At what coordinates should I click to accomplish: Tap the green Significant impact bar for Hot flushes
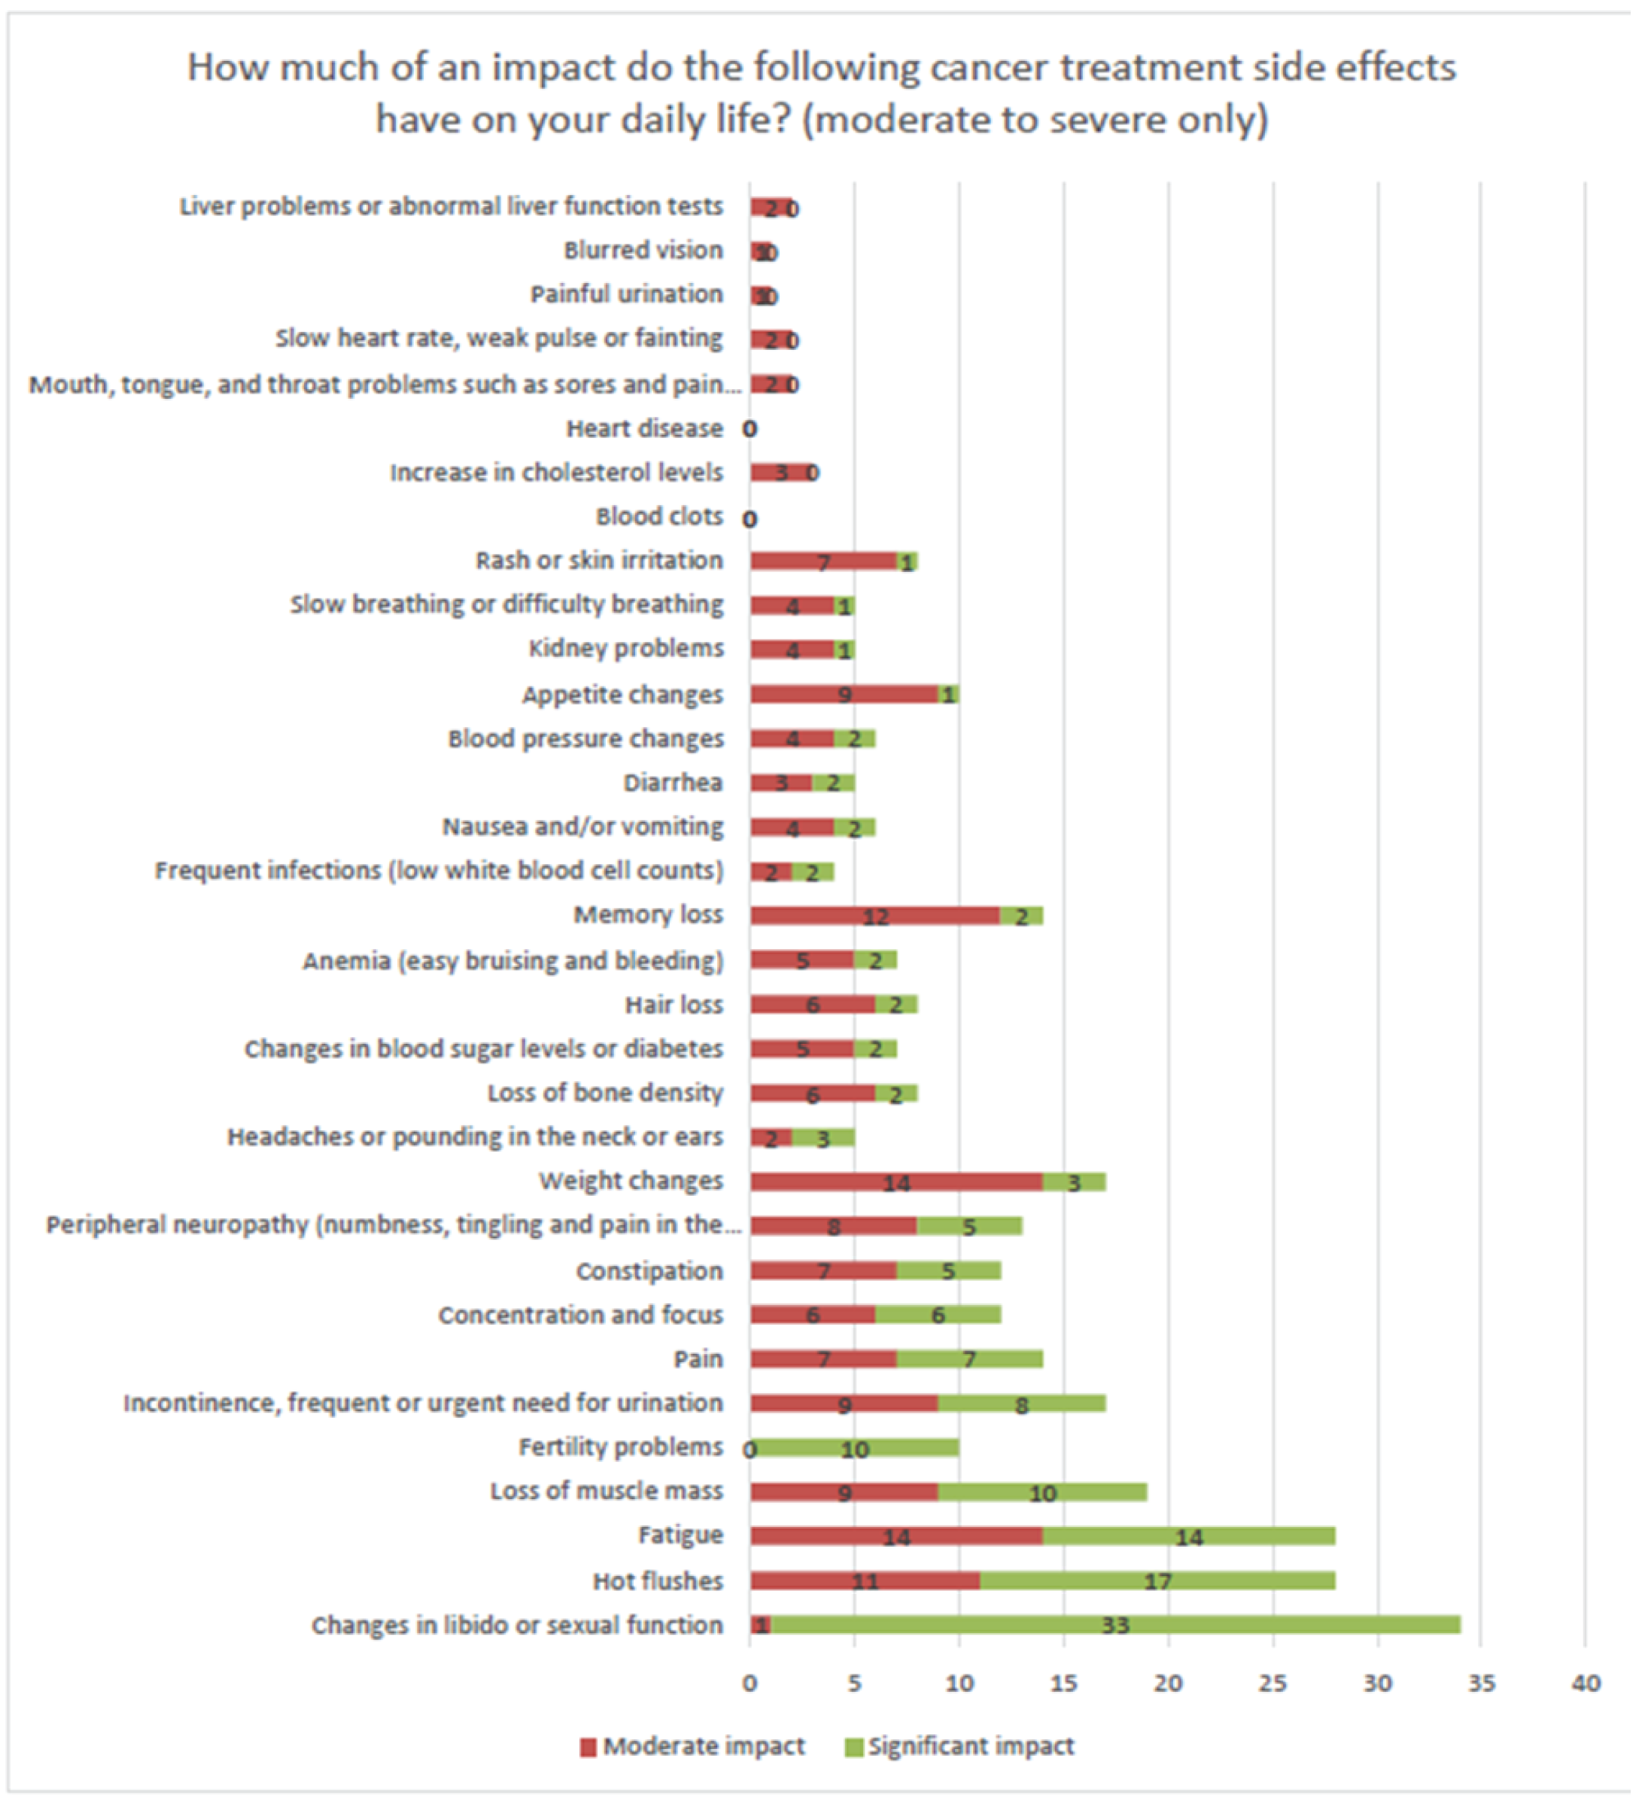tap(1157, 1580)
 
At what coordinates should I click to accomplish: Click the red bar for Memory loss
tap(875, 916)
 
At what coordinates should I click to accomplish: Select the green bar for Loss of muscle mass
tap(1042, 1492)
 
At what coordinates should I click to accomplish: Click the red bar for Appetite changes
tap(844, 694)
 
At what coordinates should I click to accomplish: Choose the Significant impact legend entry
tap(959, 1746)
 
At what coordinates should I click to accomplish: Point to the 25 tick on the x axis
tap(1272, 1684)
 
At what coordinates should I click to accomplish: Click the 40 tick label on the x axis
tap(1586, 1684)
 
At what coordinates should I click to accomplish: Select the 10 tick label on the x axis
tap(959, 1684)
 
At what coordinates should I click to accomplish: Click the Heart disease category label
tap(643, 428)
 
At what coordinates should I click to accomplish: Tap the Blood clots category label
tap(659, 516)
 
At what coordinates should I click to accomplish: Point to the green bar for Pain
tap(969, 1359)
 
